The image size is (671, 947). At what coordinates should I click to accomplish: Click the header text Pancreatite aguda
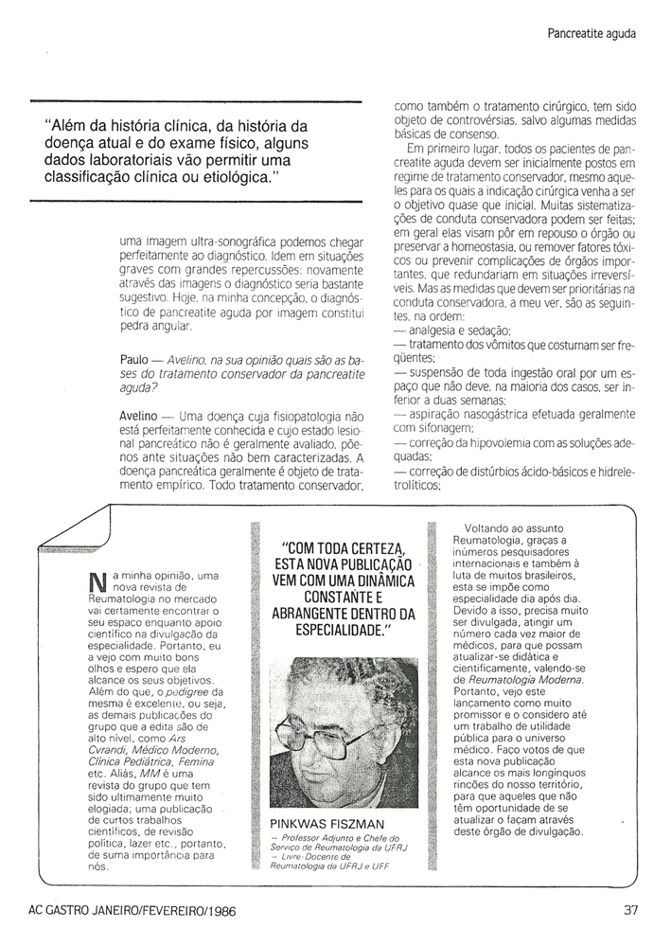pos(591,35)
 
